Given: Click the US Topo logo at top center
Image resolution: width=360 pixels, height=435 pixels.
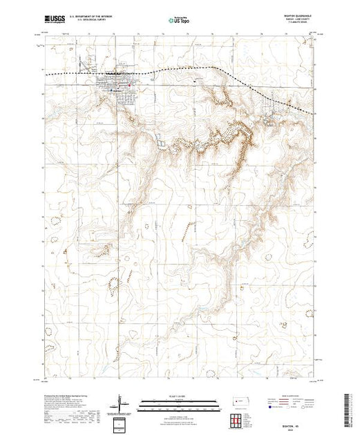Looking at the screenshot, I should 180,20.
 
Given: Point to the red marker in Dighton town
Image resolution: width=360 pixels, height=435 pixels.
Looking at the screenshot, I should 115,84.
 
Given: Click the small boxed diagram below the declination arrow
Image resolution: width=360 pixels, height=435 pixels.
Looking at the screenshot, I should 122,423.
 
